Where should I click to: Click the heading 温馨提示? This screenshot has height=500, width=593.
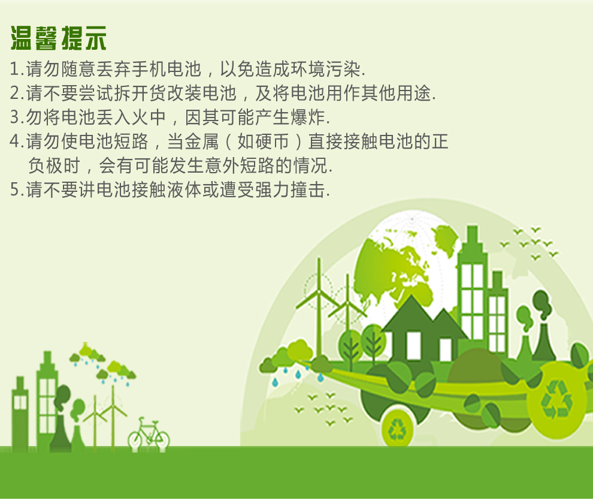58,38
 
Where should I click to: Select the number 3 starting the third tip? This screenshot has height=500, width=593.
15,118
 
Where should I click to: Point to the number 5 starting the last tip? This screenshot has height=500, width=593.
15,189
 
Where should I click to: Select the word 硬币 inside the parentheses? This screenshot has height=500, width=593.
273,141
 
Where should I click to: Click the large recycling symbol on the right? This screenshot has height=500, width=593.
556,400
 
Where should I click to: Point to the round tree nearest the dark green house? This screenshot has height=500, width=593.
373,342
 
